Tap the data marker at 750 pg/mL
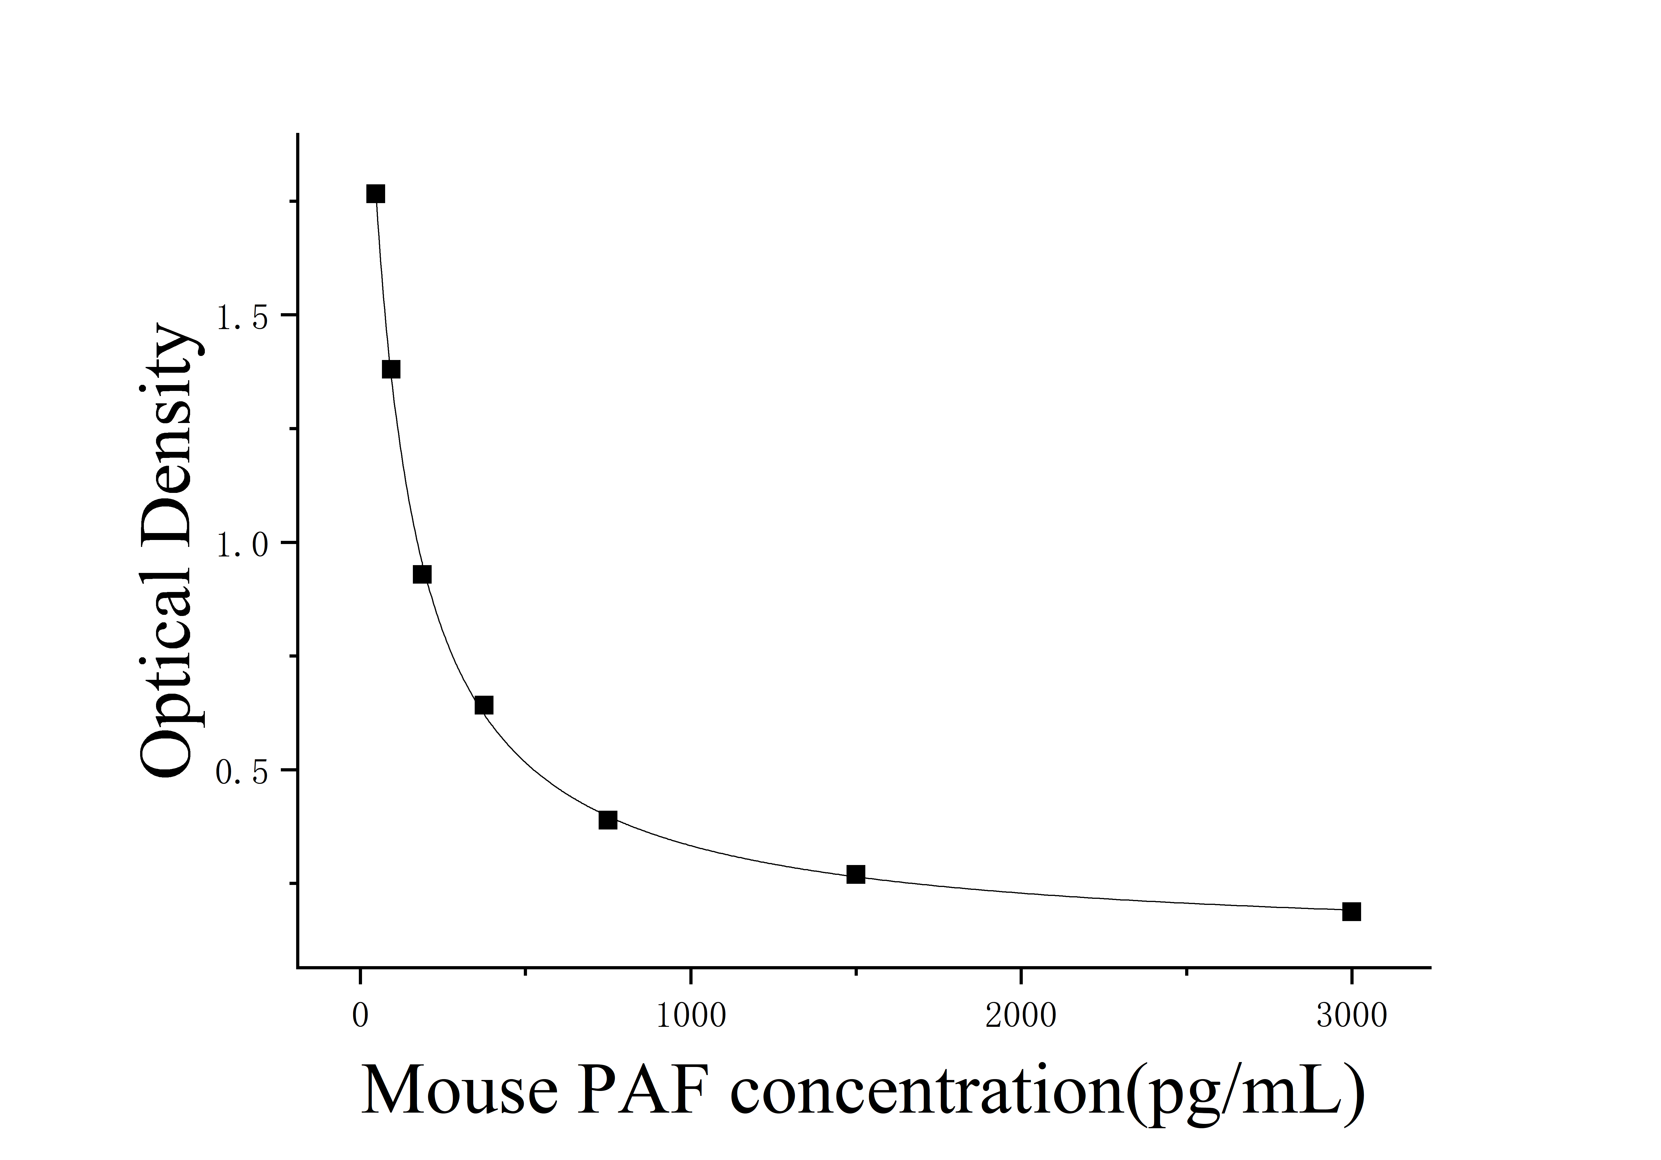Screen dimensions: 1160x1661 point(608,820)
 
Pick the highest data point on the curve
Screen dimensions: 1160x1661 point(376,194)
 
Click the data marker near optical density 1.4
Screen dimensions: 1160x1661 point(391,370)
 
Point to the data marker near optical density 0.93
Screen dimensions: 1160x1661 point(422,575)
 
